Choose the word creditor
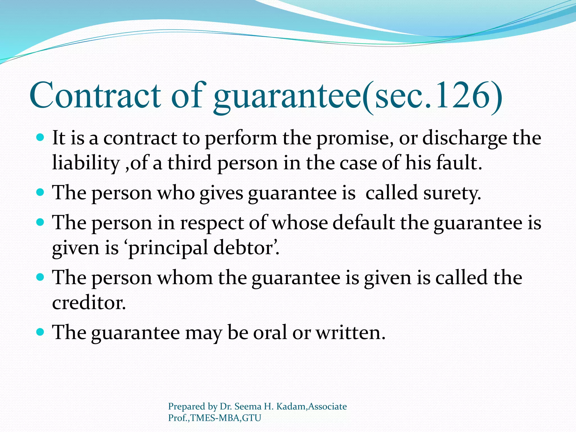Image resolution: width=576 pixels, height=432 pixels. click(89, 303)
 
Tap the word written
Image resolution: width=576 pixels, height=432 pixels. click(350, 333)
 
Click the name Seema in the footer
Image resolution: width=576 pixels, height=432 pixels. click(247, 406)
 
